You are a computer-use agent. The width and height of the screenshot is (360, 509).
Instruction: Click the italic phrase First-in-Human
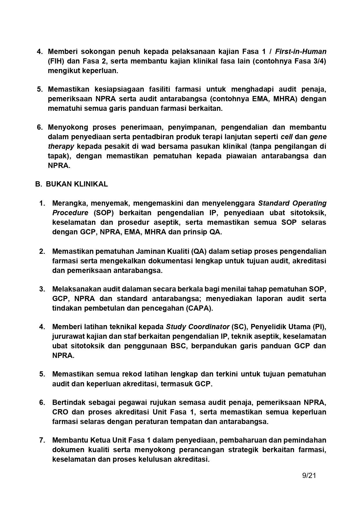[301, 52]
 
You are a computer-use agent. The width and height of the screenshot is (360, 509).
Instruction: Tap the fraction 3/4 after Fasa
[320, 61]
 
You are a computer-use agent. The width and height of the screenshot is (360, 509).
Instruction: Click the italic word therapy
[61, 146]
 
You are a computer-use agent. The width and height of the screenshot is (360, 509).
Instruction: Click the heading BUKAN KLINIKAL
[77, 184]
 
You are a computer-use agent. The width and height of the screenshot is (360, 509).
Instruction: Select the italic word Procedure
[70, 213]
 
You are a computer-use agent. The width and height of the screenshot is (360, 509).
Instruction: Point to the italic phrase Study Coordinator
[198, 327]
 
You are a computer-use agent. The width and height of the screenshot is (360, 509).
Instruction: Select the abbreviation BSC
[178, 346]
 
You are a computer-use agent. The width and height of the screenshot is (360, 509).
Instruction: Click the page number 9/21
[309, 475]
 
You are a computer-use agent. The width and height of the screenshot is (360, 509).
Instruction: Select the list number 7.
[42, 440]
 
